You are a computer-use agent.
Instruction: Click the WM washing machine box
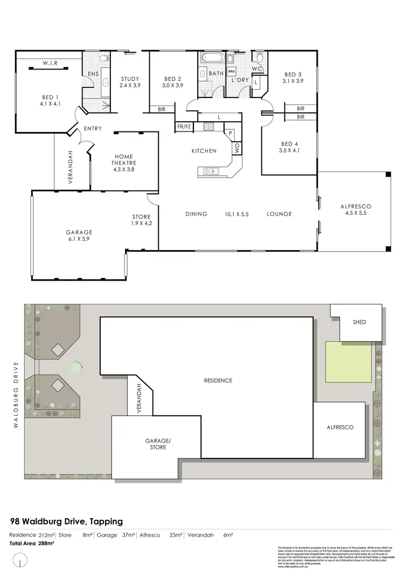[x=231, y=71]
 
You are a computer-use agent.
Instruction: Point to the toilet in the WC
[x=259, y=57]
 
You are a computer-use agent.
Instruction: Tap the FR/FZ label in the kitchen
[x=184, y=127]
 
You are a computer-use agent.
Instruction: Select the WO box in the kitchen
[x=236, y=147]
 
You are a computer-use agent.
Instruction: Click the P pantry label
[x=230, y=133]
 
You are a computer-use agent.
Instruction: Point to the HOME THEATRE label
[x=124, y=162]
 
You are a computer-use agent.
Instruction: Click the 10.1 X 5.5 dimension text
[x=236, y=214]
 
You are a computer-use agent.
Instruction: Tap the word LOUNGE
[x=279, y=214]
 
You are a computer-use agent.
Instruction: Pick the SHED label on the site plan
[x=359, y=322]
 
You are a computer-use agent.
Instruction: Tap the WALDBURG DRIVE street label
[x=16, y=394]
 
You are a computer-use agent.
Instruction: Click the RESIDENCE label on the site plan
[x=218, y=380]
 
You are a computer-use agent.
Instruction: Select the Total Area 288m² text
[x=32, y=544]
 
